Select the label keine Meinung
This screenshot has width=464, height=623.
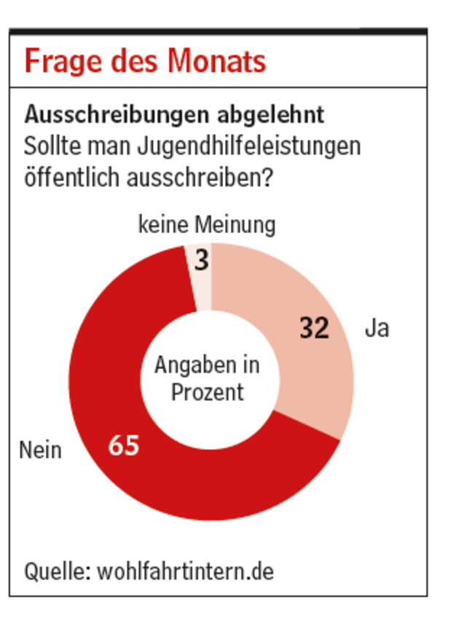coord(207,226)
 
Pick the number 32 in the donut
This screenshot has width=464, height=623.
coord(315,329)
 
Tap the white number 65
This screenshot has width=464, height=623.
coord(124,445)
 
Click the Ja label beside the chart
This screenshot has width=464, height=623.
coord(377,329)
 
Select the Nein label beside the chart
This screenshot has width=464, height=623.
coord(41,451)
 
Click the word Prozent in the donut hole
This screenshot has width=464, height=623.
coord(208,392)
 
